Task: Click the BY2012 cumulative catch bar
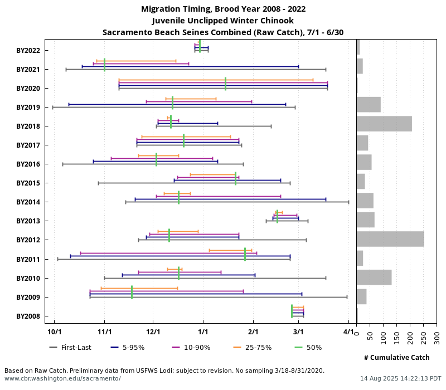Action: pyautogui.click(x=390, y=239)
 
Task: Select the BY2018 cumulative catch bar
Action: pyautogui.click(x=384, y=124)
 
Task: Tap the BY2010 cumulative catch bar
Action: pyautogui.click(x=374, y=277)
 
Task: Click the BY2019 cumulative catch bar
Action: pyautogui.click(x=369, y=105)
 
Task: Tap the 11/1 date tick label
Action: pyautogui.click(x=104, y=333)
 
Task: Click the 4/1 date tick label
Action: pyautogui.click(x=348, y=333)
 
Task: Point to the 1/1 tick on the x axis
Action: pyautogui.click(x=203, y=333)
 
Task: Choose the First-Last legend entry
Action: pyautogui.click(x=70, y=348)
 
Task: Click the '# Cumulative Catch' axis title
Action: pyautogui.click(x=396, y=357)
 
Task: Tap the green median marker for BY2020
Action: pyautogui.click(x=225, y=84)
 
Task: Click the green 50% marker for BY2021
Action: pyautogui.click(x=104, y=65)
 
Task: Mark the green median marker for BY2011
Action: pyautogui.click(x=245, y=255)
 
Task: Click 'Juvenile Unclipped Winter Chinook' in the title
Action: pyautogui.click(x=223, y=21)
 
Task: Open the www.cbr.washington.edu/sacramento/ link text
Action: pyautogui.click(x=62, y=378)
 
